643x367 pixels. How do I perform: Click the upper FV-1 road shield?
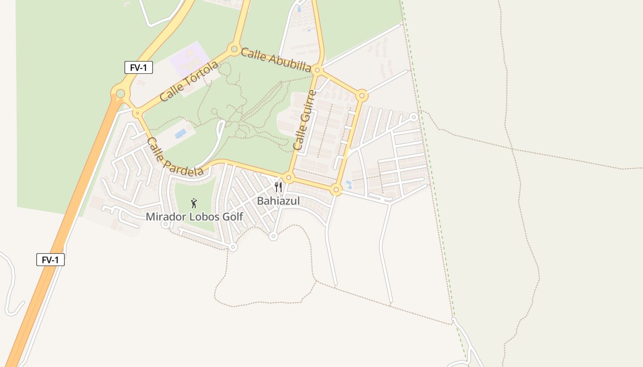138,67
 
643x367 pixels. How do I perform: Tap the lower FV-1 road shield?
51,260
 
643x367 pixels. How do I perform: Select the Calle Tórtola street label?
189,82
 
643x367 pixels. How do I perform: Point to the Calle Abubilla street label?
276,60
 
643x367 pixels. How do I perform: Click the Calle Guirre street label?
305,120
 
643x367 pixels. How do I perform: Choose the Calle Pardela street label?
175,157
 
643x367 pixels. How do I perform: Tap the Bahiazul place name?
278,201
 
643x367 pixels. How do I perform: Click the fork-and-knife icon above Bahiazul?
278,187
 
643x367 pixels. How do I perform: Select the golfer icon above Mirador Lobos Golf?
194,203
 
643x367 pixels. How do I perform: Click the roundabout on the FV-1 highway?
120,94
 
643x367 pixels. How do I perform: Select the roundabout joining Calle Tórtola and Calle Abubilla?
234,49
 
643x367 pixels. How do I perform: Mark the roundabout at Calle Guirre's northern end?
317,70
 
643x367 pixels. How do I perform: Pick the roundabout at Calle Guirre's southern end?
288,178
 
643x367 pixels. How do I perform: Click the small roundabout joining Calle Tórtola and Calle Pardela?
137,113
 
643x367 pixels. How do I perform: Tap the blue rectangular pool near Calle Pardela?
180,133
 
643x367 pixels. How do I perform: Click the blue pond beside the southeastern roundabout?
349,185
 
